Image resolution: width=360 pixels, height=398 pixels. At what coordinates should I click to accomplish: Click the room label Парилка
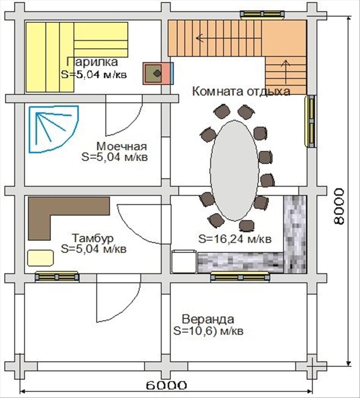click(x=92, y=62)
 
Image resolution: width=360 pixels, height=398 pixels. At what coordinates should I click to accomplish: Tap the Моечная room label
click(x=122, y=146)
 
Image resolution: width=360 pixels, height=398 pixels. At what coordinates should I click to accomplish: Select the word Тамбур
click(x=93, y=238)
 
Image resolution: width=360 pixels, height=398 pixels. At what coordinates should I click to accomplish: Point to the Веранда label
click(x=208, y=319)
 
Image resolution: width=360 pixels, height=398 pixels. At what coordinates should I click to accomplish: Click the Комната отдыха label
click(x=241, y=91)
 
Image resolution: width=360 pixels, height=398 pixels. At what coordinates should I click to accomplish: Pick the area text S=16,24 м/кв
click(x=235, y=239)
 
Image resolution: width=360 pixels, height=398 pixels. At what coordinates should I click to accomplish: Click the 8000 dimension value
click(x=339, y=206)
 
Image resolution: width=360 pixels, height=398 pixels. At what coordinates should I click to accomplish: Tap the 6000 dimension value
click(x=166, y=385)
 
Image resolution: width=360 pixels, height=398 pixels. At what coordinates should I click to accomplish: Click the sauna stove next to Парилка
click(x=158, y=73)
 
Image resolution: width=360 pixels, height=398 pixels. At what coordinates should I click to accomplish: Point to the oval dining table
click(x=234, y=170)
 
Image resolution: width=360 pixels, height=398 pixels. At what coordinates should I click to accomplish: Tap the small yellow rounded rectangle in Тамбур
click(x=40, y=258)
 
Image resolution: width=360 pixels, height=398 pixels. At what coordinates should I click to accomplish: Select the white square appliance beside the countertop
click(x=184, y=262)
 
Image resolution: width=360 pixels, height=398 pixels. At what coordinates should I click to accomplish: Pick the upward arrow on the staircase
click(x=286, y=73)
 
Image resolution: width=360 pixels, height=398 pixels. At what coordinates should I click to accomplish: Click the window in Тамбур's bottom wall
click(x=57, y=277)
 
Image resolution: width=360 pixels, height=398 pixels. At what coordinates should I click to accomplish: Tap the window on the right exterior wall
click(x=311, y=121)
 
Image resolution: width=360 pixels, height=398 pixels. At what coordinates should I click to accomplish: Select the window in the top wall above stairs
click(x=262, y=14)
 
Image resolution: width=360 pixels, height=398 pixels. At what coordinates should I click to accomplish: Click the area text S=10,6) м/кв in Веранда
click(x=208, y=330)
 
